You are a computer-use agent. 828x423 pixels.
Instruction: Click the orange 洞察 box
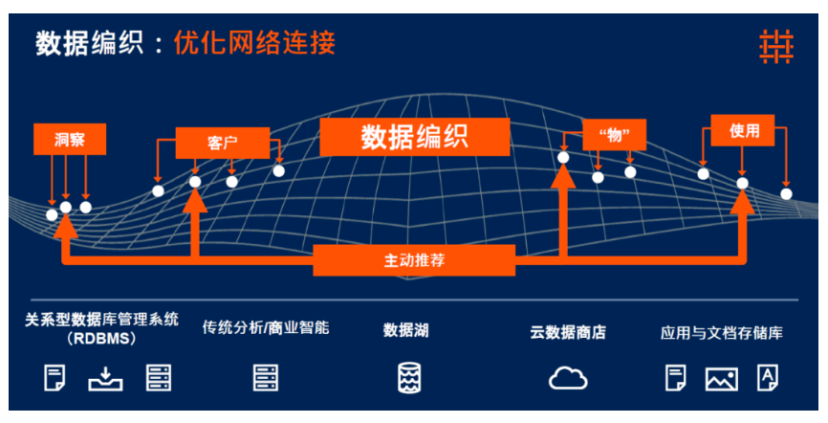pyautogui.click(x=70, y=139)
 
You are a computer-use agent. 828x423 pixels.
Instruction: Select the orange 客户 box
pyautogui.click(x=223, y=143)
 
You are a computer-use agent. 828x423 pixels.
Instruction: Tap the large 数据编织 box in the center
pyautogui.click(x=415, y=138)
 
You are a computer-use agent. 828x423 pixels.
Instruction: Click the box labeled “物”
pyautogui.click(x=614, y=135)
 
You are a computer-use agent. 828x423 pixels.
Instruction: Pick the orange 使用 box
pyautogui.click(x=743, y=130)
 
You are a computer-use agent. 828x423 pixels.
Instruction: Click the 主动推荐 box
pyautogui.click(x=414, y=260)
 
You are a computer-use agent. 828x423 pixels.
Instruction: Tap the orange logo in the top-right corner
pyautogui.click(x=776, y=47)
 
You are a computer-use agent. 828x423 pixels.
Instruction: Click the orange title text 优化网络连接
pyautogui.click(x=254, y=43)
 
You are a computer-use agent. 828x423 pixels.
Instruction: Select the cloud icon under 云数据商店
pyautogui.click(x=568, y=377)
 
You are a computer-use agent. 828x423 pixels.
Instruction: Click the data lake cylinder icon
pyautogui.click(x=408, y=377)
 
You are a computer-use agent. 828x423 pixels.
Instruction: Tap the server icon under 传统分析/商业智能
pyautogui.click(x=266, y=377)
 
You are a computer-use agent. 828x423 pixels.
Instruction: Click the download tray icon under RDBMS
pyautogui.click(x=105, y=378)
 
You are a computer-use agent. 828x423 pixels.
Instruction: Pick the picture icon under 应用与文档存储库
pyautogui.click(x=722, y=379)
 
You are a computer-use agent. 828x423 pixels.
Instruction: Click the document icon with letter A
pyautogui.click(x=767, y=377)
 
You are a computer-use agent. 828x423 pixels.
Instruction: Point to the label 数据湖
pyautogui.click(x=406, y=331)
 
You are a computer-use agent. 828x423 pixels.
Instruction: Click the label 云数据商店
pyautogui.click(x=568, y=333)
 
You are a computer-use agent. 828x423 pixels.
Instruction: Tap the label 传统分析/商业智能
pyautogui.click(x=266, y=327)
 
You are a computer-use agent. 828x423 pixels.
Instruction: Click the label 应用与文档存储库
pyautogui.click(x=721, y=333)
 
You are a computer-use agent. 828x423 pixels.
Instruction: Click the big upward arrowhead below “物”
pyautogui.click(x=563, y=176)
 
